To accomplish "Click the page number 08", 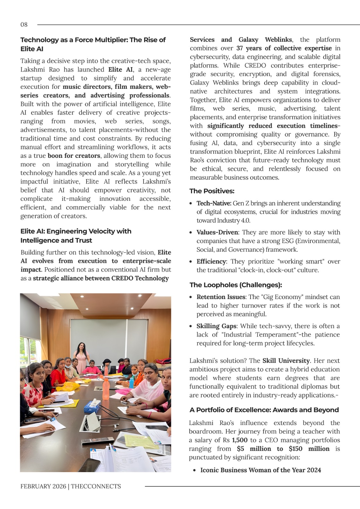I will point(24,24).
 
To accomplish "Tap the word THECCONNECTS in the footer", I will point(96,486).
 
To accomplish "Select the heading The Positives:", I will point(212,191).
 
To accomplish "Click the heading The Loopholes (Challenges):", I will point(236,285).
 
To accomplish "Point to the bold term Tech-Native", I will point(214,203).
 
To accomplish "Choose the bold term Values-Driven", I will point(217,232).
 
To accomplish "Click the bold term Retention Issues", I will point(221,297).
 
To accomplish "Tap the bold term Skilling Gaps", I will point(216,326).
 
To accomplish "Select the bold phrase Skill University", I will point(286,361).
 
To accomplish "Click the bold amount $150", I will point(295,449).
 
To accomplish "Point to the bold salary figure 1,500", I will point(240,440).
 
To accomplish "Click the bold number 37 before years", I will point(240,48).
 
